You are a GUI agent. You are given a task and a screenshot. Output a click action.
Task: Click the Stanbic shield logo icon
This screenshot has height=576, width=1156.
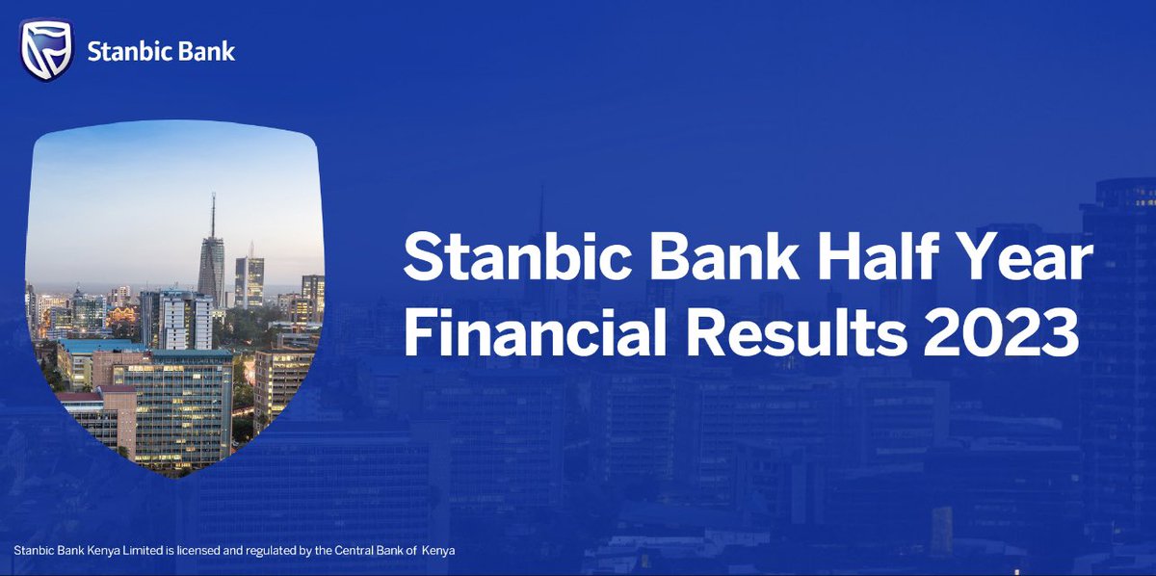tap(47, 49)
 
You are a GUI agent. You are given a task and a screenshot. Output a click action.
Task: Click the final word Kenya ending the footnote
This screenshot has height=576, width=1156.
tap(438, 551)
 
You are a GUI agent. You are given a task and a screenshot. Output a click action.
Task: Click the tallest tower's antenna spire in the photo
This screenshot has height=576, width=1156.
tap(213, 214)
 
